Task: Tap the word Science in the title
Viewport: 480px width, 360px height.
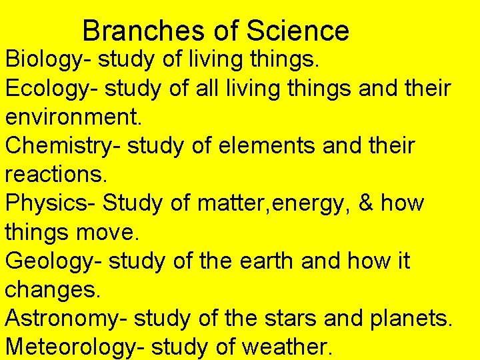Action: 297,31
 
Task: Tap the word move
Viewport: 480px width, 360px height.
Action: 100,232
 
